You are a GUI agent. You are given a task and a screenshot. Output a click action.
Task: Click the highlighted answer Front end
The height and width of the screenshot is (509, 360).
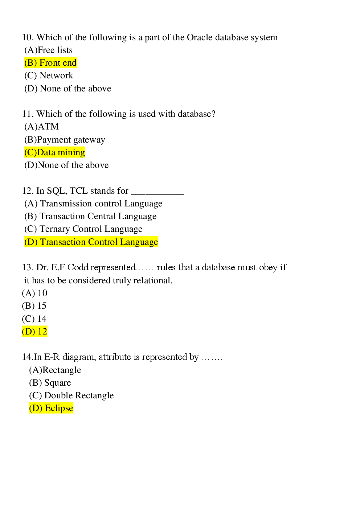(50, 63)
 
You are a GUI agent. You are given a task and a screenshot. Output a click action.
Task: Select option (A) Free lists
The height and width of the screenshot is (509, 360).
(48, 50)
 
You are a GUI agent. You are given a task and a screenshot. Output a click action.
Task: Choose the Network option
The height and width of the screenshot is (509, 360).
(49, 75)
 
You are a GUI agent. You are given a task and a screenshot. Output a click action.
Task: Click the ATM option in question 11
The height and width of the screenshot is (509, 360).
(41, 127)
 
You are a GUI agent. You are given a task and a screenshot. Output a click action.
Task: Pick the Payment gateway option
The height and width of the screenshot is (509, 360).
(65, 140)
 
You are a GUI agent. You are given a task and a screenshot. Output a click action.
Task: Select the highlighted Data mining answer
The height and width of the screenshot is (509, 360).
(55, 152)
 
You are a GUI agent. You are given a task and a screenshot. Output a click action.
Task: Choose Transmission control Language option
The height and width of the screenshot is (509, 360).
(93, 204)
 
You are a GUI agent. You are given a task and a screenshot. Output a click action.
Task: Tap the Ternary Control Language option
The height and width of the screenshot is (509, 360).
(83, 229)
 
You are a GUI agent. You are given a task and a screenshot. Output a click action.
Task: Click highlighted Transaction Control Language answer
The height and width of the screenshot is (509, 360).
(91, 242)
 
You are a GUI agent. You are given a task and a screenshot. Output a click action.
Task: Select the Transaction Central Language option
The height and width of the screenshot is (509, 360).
(90, 216)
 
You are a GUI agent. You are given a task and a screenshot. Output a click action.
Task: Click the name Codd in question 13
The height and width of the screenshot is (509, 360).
(78, 267)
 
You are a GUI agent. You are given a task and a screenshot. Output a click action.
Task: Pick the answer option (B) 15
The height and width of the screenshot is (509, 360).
(34, 306)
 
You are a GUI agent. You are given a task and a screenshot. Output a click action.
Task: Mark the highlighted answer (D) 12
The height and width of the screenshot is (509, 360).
(34, 332)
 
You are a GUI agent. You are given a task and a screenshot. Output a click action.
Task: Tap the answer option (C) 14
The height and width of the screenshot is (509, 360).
(34, 319)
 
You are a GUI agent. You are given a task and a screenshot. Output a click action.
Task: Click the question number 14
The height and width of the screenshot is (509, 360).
(27, 357)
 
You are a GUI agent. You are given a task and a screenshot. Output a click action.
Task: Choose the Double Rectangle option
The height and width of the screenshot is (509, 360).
(71, 395)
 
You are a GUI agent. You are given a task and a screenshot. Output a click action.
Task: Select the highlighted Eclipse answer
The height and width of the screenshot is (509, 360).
(51, 408)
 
